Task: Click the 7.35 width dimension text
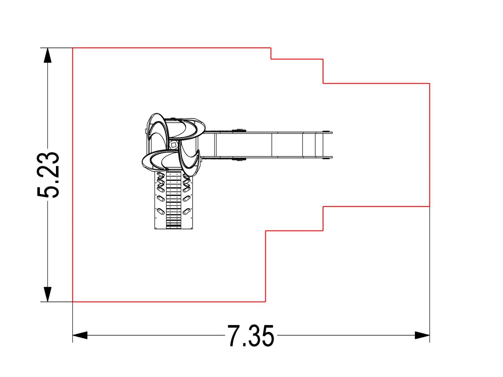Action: tap(251, 336)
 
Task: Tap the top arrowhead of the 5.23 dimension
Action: tap(47, 55)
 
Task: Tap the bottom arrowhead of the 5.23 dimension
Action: tap(47, 294)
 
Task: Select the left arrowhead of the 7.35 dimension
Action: tap(80, 335)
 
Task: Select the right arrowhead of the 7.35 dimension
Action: tap(422, 335)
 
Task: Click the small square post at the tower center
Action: tap(174, 145)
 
